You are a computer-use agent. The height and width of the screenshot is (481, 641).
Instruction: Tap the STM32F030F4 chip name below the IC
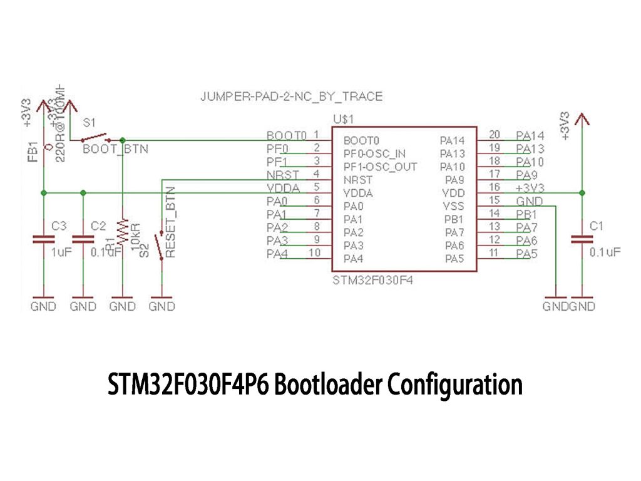(x=373, y=280)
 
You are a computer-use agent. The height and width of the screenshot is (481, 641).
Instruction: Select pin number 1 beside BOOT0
(x=317, y=135)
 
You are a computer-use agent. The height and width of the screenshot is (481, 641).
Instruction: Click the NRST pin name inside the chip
(x=358, y=180)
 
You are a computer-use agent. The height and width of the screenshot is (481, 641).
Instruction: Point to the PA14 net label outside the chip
(x=530, y=135)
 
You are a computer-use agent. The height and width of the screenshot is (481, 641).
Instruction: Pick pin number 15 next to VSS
(x=495, y=200)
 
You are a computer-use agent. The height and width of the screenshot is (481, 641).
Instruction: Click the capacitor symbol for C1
(x=582, y=239)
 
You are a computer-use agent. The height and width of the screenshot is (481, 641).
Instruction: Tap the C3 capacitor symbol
(x=43, y=239)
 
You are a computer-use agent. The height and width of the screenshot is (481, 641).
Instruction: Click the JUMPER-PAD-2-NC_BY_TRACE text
(x=291, y=97)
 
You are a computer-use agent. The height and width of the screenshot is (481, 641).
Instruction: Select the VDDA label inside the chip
(x=359, y=193)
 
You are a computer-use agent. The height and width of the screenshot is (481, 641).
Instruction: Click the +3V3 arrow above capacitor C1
(x=582, y=119)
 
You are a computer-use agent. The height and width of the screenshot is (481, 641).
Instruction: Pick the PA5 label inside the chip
(x=454, y=258)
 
